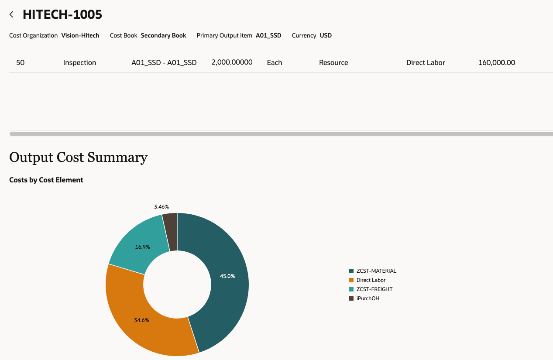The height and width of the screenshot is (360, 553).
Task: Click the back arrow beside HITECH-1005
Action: [12, 15]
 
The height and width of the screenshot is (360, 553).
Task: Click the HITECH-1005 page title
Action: [62, 14]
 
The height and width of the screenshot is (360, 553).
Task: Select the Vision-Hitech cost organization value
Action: [80, 35]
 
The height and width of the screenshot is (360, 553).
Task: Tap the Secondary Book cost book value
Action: [163, 35]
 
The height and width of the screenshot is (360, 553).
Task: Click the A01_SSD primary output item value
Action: [268, 35]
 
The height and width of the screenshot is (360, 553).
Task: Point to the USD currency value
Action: [326, 35]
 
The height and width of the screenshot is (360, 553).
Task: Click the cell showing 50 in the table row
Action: [21, 62]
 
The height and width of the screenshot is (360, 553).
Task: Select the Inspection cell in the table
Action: [79, 62]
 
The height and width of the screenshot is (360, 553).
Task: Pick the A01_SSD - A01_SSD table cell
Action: [164, 62]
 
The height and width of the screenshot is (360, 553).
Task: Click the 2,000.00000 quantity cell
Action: [232, 62]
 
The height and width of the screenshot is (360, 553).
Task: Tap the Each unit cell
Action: [275, 62]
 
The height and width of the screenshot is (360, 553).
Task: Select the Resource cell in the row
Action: [333, 62]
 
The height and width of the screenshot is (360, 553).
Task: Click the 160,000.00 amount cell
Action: [497, 62]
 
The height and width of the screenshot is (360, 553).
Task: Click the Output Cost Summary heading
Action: [78, 157]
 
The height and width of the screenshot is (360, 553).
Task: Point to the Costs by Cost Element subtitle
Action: [46, 180]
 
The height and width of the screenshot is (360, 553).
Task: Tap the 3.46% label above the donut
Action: [161, 206]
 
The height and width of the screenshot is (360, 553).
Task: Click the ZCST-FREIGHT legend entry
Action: [374, 289]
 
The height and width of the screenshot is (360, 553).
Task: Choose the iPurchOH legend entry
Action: [368, 298]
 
